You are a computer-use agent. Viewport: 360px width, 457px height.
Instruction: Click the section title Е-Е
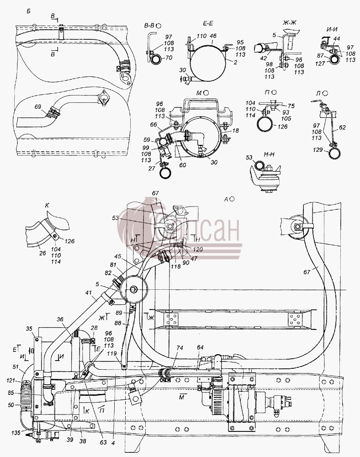click(x=208, y=24)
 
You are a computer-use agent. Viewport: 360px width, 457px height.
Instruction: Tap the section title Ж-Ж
click(x=289, y=22)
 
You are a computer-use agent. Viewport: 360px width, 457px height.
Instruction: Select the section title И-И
click(x=333, y=29)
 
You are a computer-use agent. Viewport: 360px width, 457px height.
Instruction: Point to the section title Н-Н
click(x=269, y=154)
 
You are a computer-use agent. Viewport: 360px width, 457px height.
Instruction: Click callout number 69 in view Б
click(x=38, y=106)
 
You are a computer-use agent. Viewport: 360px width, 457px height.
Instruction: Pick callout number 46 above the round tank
click(x=213, y=36)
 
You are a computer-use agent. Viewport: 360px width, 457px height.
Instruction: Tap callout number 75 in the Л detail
click(x=291, y=106)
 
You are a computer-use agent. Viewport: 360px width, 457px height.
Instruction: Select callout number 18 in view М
click(x=235, y=131)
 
